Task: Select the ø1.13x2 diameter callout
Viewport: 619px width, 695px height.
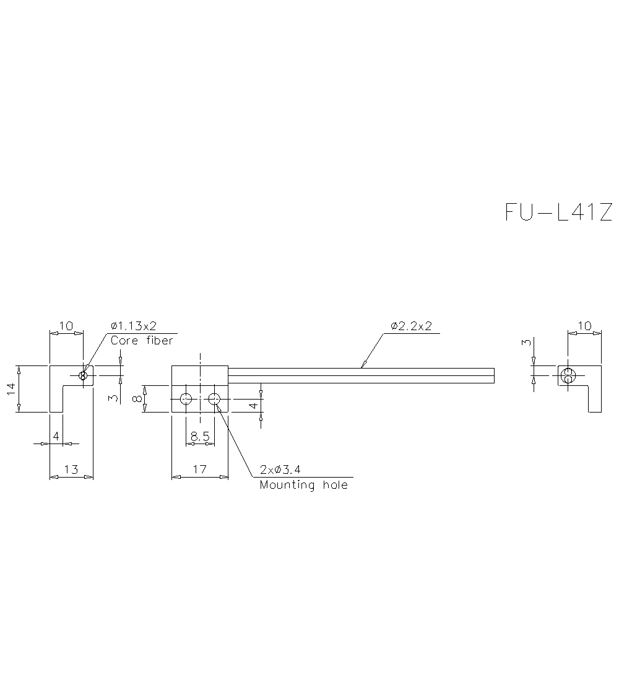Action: (134, 326)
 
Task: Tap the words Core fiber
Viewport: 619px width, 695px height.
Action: (142, 341)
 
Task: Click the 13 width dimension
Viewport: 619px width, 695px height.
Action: (71, 470)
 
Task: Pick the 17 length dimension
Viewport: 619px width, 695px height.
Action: (199, 470)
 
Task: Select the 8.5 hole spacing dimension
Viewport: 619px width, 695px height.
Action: (200, 437)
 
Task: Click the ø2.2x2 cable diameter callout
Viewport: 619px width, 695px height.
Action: (411, 326)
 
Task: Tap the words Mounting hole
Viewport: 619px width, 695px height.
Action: (303, 485)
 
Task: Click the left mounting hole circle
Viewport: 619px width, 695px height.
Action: (186, 399)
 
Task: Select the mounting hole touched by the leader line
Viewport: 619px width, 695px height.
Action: (214, 399)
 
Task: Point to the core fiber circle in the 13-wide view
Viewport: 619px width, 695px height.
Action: (83, 375)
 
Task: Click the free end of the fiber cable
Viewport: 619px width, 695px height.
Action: (493, 375)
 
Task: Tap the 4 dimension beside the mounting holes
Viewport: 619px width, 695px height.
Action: (253, 406)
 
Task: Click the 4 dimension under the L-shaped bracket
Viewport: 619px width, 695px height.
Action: (56, 437)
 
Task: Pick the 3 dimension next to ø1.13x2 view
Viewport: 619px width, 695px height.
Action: (112, 398)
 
